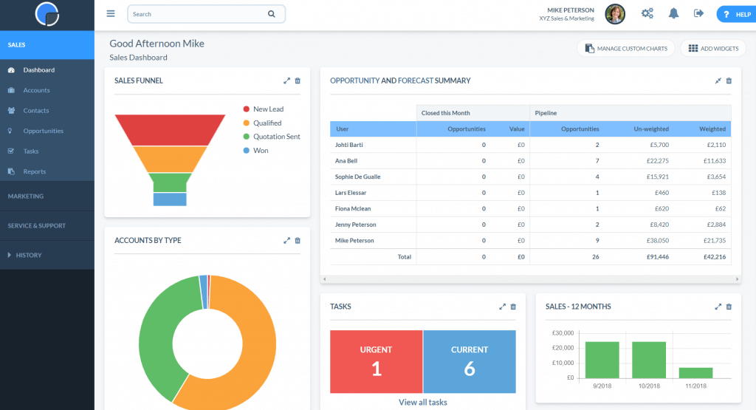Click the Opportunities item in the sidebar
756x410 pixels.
[43, 131]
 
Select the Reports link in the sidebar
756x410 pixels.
[34, 171]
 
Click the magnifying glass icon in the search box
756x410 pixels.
[272, 14]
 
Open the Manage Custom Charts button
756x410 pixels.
[626, 49]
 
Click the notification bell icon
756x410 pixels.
[673, 13]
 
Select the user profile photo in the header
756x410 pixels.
[615, 13]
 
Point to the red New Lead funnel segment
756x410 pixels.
[170, 129]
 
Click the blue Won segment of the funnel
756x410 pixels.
[170, 199]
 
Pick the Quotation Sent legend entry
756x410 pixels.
[276, 137]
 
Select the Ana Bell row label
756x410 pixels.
[347, 161]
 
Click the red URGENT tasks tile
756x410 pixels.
[376, 361]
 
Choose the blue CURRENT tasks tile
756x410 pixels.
[470, 361]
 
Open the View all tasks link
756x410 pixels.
[422, 403]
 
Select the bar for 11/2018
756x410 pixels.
[695, 373]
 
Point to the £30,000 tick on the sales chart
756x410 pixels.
[563, 333]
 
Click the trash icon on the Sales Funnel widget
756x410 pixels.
[298, 81]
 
